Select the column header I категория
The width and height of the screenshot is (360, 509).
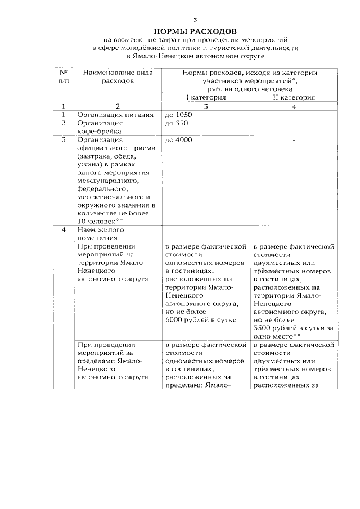coord(206,97)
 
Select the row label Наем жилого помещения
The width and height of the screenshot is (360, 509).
coord(98,233)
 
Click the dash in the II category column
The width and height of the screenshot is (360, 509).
coord(294,140)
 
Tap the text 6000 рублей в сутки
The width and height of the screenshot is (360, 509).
coord(202,320)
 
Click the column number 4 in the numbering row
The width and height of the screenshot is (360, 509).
coord(294,106)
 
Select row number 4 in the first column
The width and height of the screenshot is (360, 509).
coord(64,229)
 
